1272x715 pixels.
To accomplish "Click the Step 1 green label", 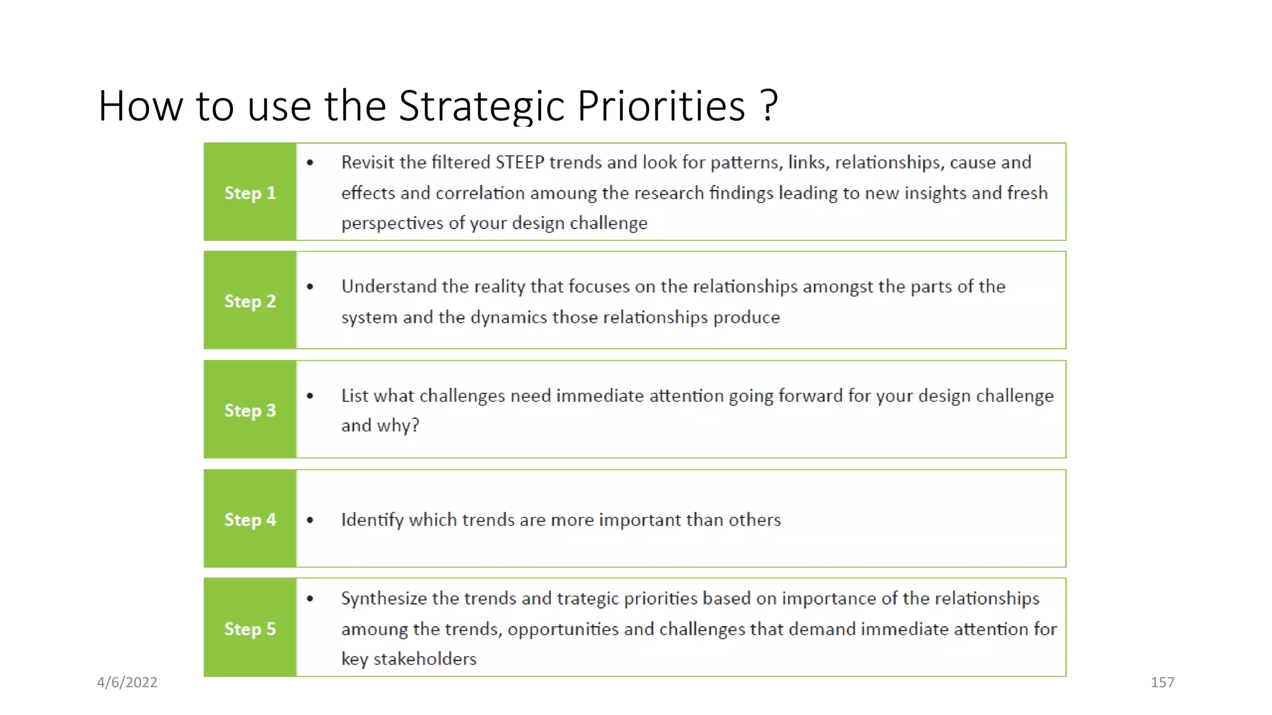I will coord(250,193).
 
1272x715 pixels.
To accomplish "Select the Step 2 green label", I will coord(250,302).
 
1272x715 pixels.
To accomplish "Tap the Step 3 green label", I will coord(250,410).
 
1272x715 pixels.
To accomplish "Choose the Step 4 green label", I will coord(250,519).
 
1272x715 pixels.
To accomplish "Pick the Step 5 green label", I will coord(250,629).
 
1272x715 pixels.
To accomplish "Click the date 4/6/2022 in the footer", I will coord(127,682).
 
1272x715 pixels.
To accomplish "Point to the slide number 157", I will coord(1162,682).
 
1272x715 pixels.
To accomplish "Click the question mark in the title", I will coord(769,105).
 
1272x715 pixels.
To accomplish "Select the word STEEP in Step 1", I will coord(519,163).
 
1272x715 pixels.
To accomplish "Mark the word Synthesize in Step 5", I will coord(383,599).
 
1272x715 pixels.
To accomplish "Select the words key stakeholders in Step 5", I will coord(409,659).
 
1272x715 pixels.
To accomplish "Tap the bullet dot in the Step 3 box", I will coord(310,396).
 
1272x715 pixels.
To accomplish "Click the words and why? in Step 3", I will coord(380,426).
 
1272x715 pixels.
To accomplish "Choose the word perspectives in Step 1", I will coord(392,223).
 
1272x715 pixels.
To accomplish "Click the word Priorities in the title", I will coord(661,106).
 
